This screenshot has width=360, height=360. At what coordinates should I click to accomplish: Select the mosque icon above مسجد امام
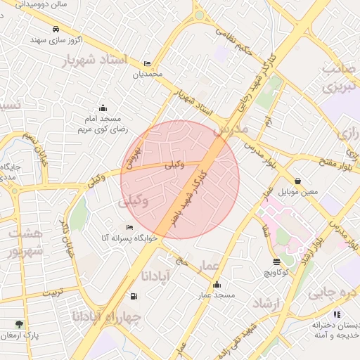103,108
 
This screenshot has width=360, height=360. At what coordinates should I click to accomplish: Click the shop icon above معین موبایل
299,181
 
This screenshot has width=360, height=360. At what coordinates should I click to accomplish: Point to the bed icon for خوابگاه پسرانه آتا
129,227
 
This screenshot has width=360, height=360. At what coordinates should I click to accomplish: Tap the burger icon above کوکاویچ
276,262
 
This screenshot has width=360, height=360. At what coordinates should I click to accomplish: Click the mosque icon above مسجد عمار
217,285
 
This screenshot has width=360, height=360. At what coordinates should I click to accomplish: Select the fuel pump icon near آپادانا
134,295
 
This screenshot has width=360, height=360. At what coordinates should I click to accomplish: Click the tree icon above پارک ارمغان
19,324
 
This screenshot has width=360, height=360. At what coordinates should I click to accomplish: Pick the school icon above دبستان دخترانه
337,314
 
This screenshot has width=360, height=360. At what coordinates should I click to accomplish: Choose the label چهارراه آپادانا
106,317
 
